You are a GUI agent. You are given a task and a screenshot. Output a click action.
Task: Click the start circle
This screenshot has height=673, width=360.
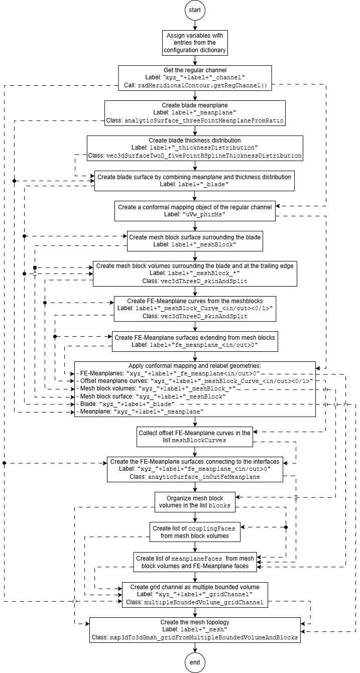(195, 10)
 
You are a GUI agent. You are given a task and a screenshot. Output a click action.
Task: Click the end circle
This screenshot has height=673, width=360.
(195, 662)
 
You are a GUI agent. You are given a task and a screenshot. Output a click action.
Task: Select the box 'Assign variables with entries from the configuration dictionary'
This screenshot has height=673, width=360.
(195, 43)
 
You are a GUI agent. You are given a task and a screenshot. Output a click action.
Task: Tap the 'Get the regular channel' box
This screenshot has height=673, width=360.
(195, 78)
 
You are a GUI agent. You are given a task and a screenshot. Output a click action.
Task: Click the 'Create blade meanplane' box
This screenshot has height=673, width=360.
(195, 113)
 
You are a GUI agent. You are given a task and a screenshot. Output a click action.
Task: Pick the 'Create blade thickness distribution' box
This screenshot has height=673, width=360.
(195, 148)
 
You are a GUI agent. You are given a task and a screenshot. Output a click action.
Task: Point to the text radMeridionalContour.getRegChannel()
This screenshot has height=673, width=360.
(202, 86)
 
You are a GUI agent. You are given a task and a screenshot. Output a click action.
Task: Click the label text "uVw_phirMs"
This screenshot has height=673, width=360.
(204, 214)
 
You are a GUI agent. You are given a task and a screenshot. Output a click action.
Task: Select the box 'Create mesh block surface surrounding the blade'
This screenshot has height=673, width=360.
(195, 241)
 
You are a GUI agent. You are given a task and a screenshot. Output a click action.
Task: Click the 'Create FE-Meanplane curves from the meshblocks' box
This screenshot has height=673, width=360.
(195, 309)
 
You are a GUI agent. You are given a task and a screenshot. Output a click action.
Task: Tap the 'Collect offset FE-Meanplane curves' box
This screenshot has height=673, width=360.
(195, 437)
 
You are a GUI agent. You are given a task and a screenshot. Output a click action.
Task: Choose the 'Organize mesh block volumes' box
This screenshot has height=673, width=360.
(195, 502)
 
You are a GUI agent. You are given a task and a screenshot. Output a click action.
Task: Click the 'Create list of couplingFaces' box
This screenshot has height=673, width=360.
(195, 532)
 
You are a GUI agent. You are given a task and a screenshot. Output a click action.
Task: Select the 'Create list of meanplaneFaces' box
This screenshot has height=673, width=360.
(195, 562)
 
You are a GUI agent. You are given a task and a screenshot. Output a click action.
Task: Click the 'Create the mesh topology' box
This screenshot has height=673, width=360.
(195, 630)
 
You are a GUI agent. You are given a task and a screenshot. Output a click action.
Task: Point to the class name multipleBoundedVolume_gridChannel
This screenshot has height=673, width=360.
(204, 602)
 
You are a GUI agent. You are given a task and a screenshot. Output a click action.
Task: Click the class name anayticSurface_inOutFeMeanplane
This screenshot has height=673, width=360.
(204, 477)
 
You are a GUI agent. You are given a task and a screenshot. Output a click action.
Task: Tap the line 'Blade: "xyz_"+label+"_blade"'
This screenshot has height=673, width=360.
(128, 404)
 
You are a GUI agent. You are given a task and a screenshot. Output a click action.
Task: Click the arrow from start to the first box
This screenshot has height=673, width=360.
(195, 25)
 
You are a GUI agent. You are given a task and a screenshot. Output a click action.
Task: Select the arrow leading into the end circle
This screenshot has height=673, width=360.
(195, 647)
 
